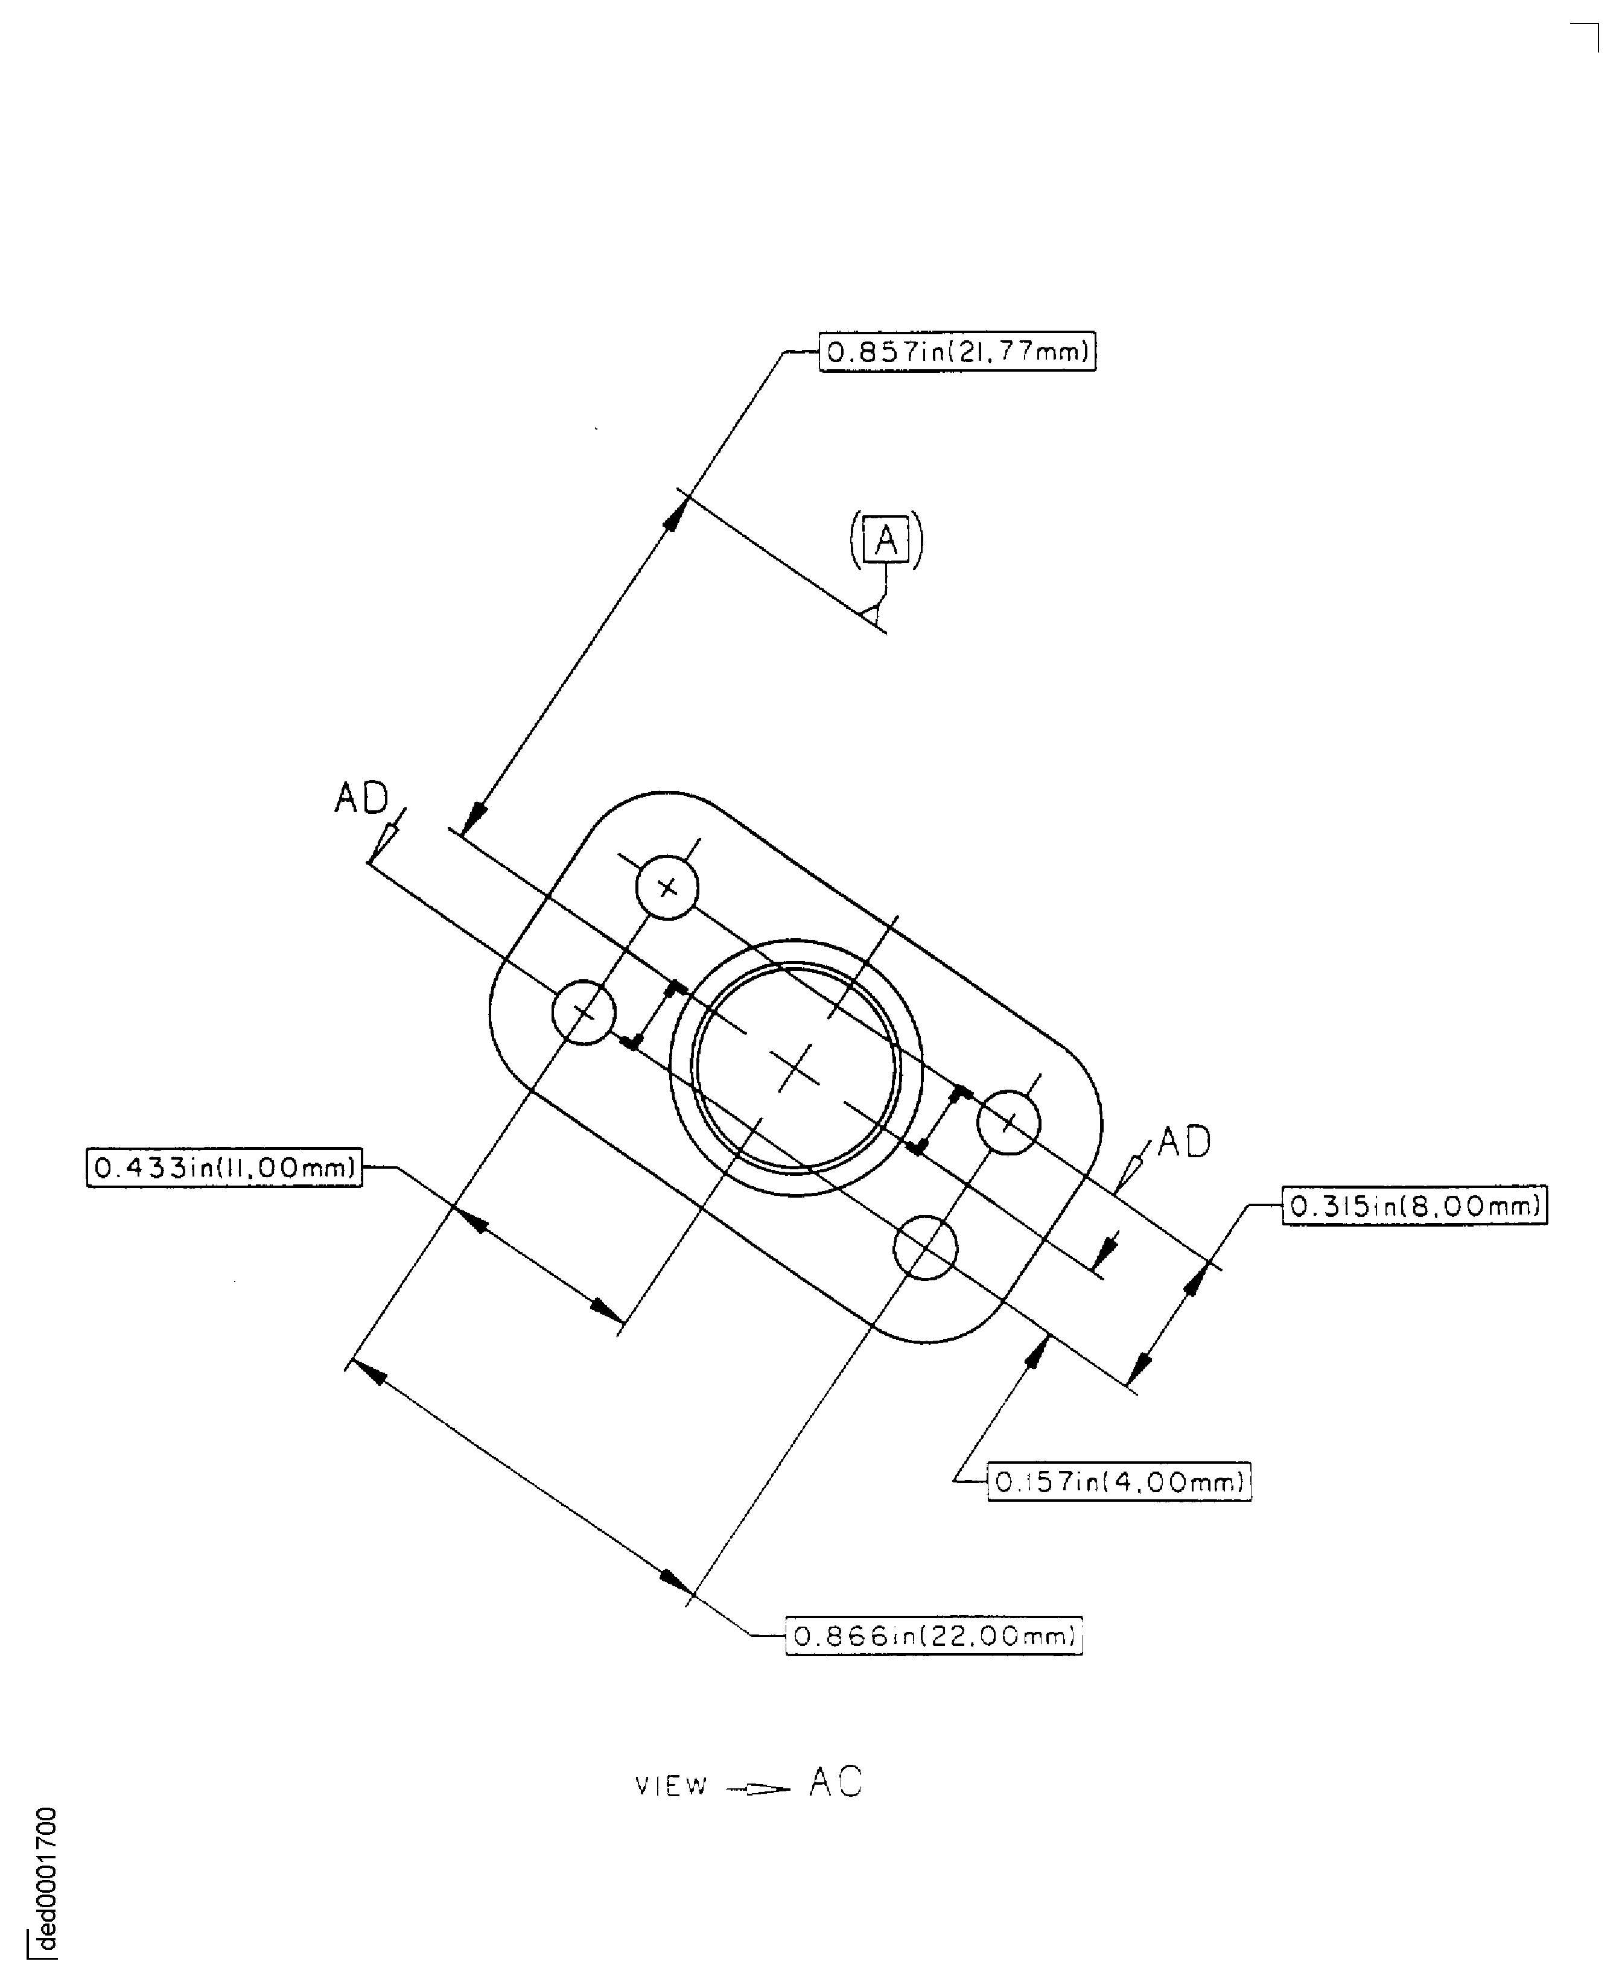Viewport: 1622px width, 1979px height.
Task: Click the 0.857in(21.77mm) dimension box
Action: click(x=957, y=352)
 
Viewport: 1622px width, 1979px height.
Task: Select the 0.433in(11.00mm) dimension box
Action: click(x=224, y=1167)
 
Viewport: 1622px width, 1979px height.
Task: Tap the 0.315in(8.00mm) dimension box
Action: click(x=1414, y=1206)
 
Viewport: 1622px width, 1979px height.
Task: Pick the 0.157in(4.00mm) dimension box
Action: click(x=1118, y=1482)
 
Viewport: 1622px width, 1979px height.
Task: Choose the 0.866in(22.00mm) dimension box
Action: click(x=933, y=1636)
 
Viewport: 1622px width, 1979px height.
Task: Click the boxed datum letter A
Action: click(x=886, y=540)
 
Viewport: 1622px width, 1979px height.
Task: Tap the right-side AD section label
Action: click(x=1184, y=1142)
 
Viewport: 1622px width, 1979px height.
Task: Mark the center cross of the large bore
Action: click(x=795, y=1068)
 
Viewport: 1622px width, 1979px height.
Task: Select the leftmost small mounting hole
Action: click(x=584, y=1012)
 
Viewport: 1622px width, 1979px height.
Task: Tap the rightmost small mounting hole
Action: click(x=1008, y=1121)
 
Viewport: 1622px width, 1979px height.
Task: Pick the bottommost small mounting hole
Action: click(x=925, y=1247)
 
